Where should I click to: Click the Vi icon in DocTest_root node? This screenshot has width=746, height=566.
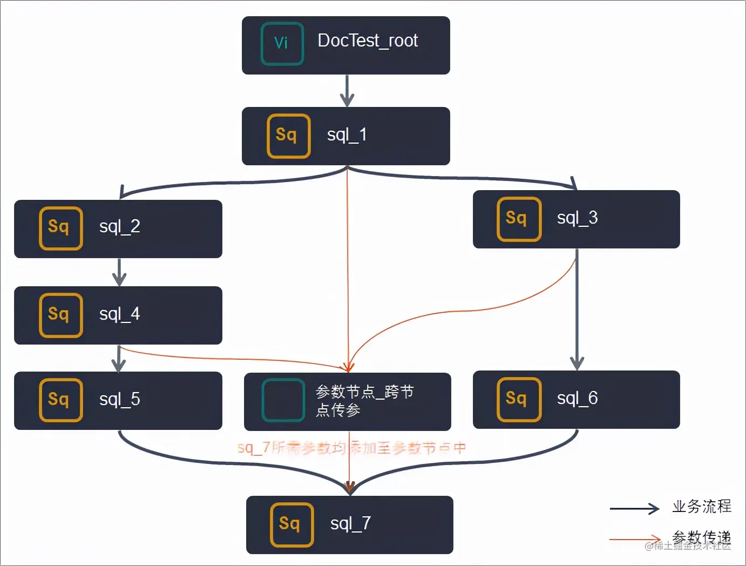click(282, 44)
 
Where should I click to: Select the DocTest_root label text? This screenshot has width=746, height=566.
click(368, 41)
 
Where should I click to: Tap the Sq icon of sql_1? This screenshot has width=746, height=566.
click(288, 136)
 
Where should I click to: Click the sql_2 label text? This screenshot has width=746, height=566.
click(119, 226)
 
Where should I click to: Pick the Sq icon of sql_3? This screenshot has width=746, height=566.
click(518, 219)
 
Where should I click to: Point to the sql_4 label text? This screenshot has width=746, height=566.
click(119, 314)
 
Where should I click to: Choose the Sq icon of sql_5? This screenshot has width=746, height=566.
click(60, 400)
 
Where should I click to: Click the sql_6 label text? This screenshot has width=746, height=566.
click(577, 399)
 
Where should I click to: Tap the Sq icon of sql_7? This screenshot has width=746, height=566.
click(291, 524)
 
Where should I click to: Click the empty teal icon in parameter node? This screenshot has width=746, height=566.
click(283, 400)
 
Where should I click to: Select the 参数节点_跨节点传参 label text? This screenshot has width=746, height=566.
click(364, 400)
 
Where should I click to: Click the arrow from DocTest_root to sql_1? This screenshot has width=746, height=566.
click(347, 90)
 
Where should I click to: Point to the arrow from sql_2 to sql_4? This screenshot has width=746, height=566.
click(119, 272)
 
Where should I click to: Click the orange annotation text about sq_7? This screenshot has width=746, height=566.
click(351, 448)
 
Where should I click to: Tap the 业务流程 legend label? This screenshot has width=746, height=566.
click(701, 506)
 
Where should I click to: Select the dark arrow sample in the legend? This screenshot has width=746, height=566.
click(634, 508)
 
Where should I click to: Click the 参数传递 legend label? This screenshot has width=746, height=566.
click(701, 537)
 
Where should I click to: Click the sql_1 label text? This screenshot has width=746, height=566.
click(347, 135)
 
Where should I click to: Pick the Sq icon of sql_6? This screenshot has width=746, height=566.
click(518, 399)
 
